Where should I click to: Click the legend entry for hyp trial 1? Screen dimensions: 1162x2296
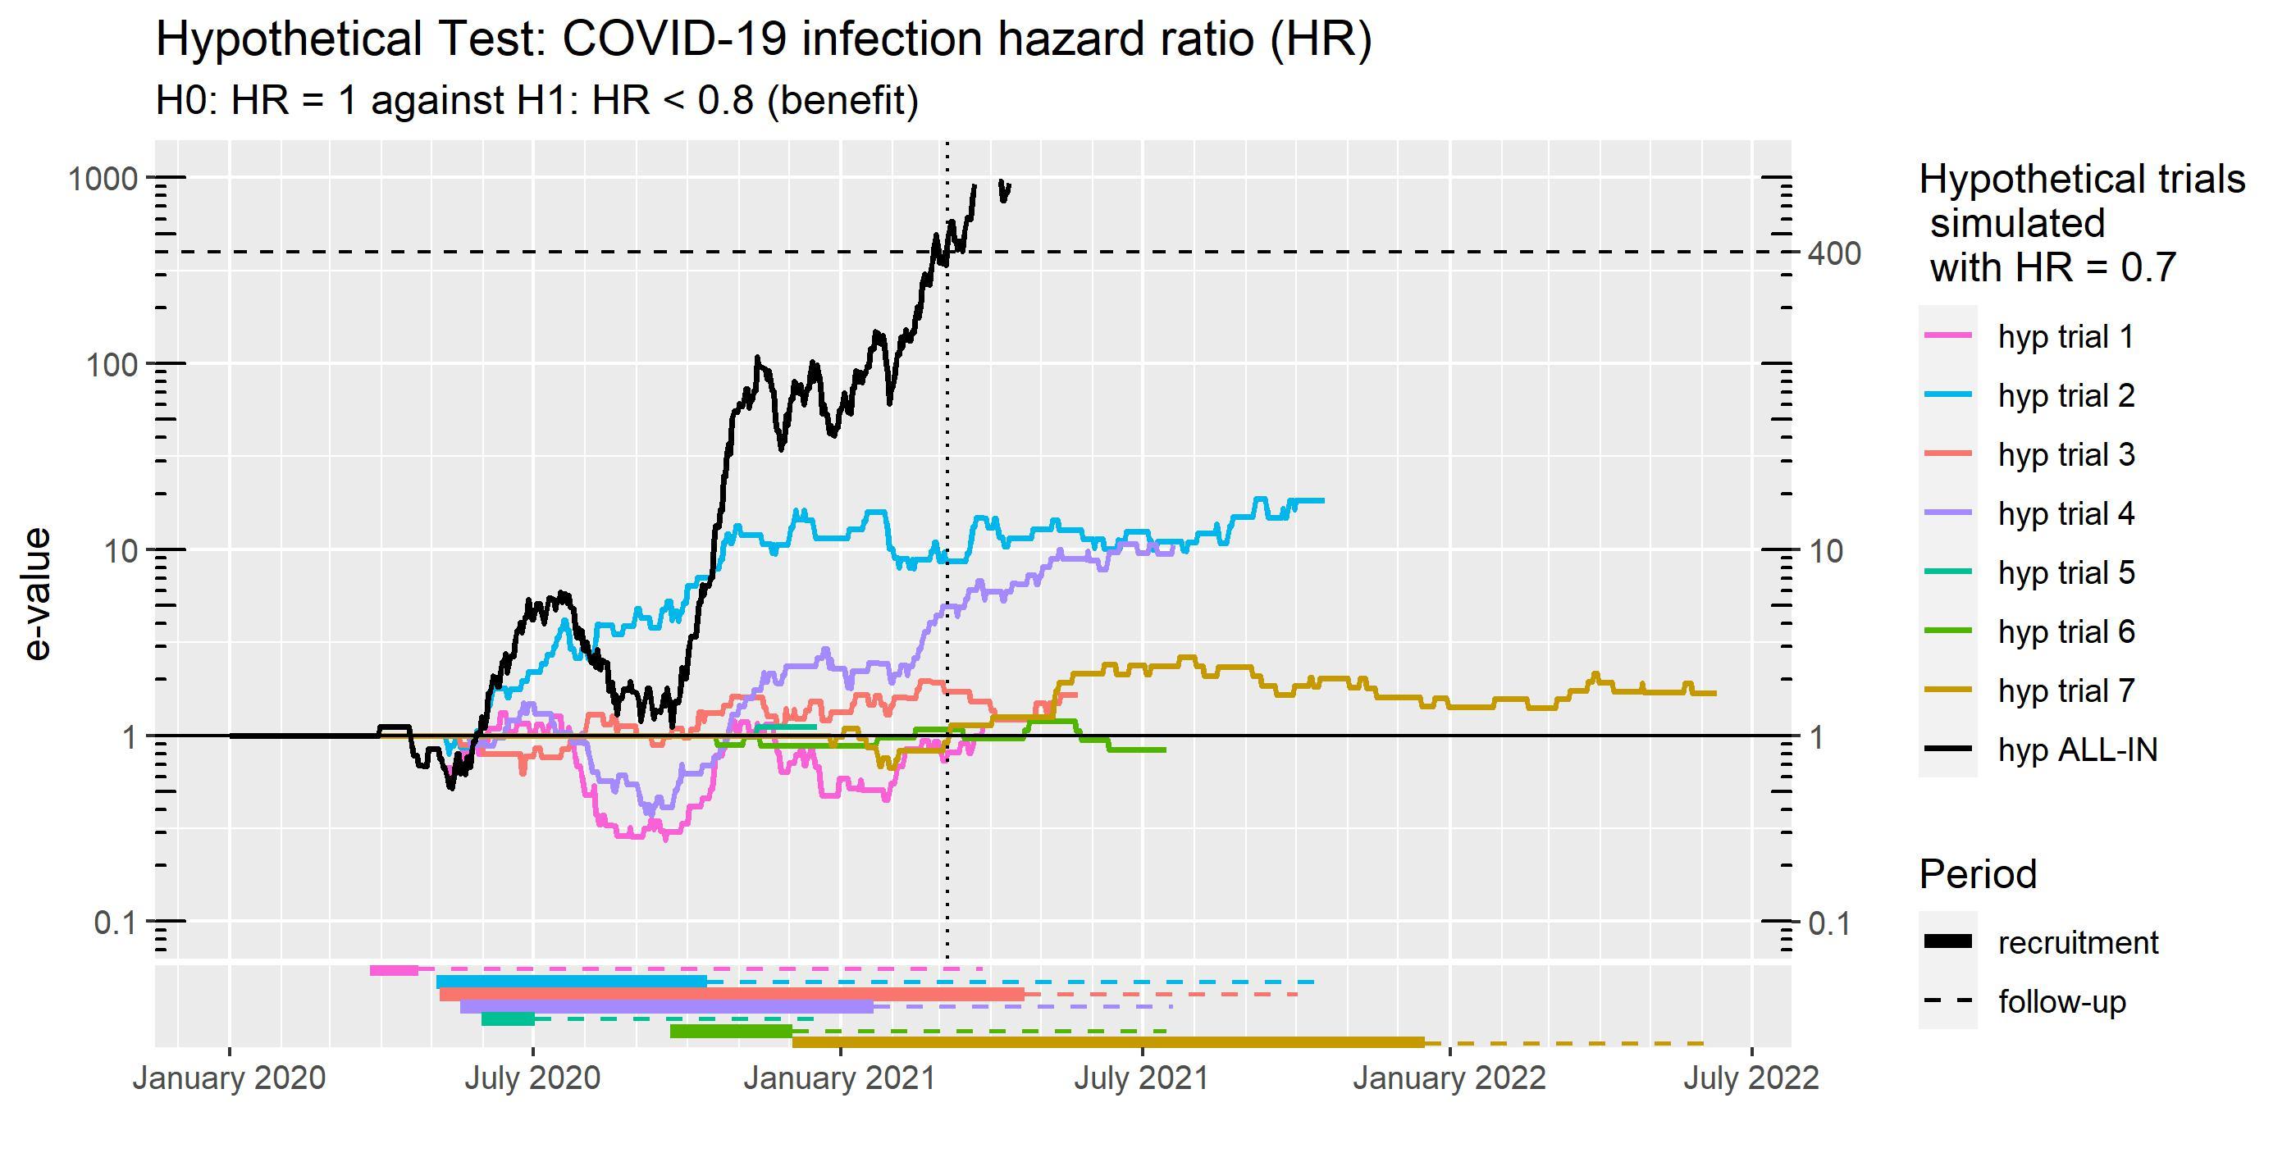[2066, 337]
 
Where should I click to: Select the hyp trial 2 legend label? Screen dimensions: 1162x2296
[2066, 395]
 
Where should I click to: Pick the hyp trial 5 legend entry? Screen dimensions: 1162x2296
[2066, 572]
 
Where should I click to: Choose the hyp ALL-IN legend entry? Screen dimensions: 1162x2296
[2077, 750]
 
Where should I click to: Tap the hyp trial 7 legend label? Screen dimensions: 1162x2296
[2066, 690]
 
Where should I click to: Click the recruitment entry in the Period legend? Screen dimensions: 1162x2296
[2078, 942]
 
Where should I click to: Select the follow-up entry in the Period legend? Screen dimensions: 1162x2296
[2061, 1001]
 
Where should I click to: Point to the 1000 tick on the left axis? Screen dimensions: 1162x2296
[103, 178]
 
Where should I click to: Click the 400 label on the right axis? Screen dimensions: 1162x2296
[1834, 254]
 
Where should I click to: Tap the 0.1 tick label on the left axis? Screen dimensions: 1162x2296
[116, 923]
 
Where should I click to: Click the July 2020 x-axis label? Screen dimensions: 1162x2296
[533, 1078]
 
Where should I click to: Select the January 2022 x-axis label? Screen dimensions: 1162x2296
[1449, 1078]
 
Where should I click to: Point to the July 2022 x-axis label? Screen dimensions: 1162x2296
[1751, 1078]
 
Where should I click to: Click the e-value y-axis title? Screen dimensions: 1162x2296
[38, 594]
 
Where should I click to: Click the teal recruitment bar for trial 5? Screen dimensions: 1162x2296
[508, 1018]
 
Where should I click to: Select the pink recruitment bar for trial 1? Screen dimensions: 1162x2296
[394, 969]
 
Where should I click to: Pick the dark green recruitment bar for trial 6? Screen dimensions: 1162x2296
[731, 1031]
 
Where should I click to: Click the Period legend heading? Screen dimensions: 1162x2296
[1977, 874]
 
